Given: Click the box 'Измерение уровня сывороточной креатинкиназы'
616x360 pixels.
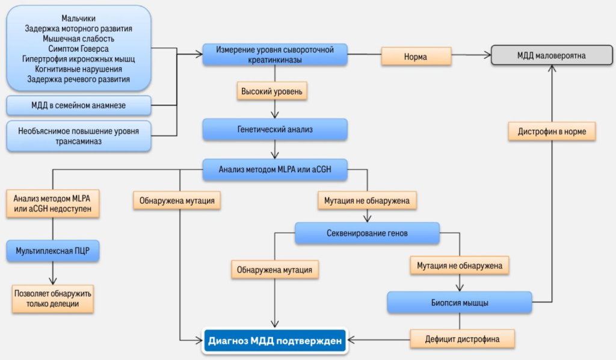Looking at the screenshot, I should (276, 54).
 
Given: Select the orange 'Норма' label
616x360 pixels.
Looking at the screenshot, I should (416, 57).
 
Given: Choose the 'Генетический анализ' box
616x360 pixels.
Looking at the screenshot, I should (275, 129).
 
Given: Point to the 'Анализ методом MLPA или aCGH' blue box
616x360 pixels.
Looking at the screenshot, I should (275, 170).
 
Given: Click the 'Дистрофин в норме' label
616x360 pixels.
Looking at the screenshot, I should (552, 131).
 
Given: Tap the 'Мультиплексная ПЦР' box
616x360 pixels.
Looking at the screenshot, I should (52, 251).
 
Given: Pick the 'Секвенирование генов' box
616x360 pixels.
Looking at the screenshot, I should (367, 233).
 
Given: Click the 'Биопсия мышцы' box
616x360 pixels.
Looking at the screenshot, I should (460, 303).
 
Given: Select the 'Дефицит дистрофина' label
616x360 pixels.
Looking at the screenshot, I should (463, 339).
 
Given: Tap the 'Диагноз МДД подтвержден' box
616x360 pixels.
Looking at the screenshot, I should (276, 341).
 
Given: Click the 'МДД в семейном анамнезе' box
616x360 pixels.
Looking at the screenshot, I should (79, 106).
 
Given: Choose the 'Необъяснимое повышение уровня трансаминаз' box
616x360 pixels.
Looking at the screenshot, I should (79, 135).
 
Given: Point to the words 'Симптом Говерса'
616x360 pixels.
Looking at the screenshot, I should (79, 49).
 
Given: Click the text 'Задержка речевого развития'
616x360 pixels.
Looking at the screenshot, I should (79, 79).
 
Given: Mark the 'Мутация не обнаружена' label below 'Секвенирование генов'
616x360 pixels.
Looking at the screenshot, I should (460, 264).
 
